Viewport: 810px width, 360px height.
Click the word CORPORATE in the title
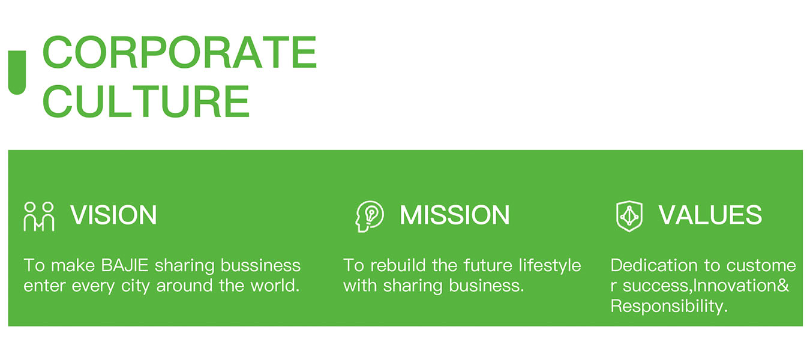point(180,52)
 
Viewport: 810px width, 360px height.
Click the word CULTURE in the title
point(146,101)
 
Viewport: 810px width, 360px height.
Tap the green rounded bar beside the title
point(17,72)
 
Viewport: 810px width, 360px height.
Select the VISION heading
point(113,215)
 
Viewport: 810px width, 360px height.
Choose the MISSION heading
point(455,215)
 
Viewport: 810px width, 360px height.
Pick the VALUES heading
point(710,215)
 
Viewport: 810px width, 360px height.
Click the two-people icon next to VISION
point(39,216)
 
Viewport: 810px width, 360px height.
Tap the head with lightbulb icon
point(369,216)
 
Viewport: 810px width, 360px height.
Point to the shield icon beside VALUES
point(629,216)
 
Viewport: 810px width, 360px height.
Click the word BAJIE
point(125,266)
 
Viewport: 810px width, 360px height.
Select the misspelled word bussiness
point(261,266)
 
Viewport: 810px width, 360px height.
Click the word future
point(488,265)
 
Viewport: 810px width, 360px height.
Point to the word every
point(93,287)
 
